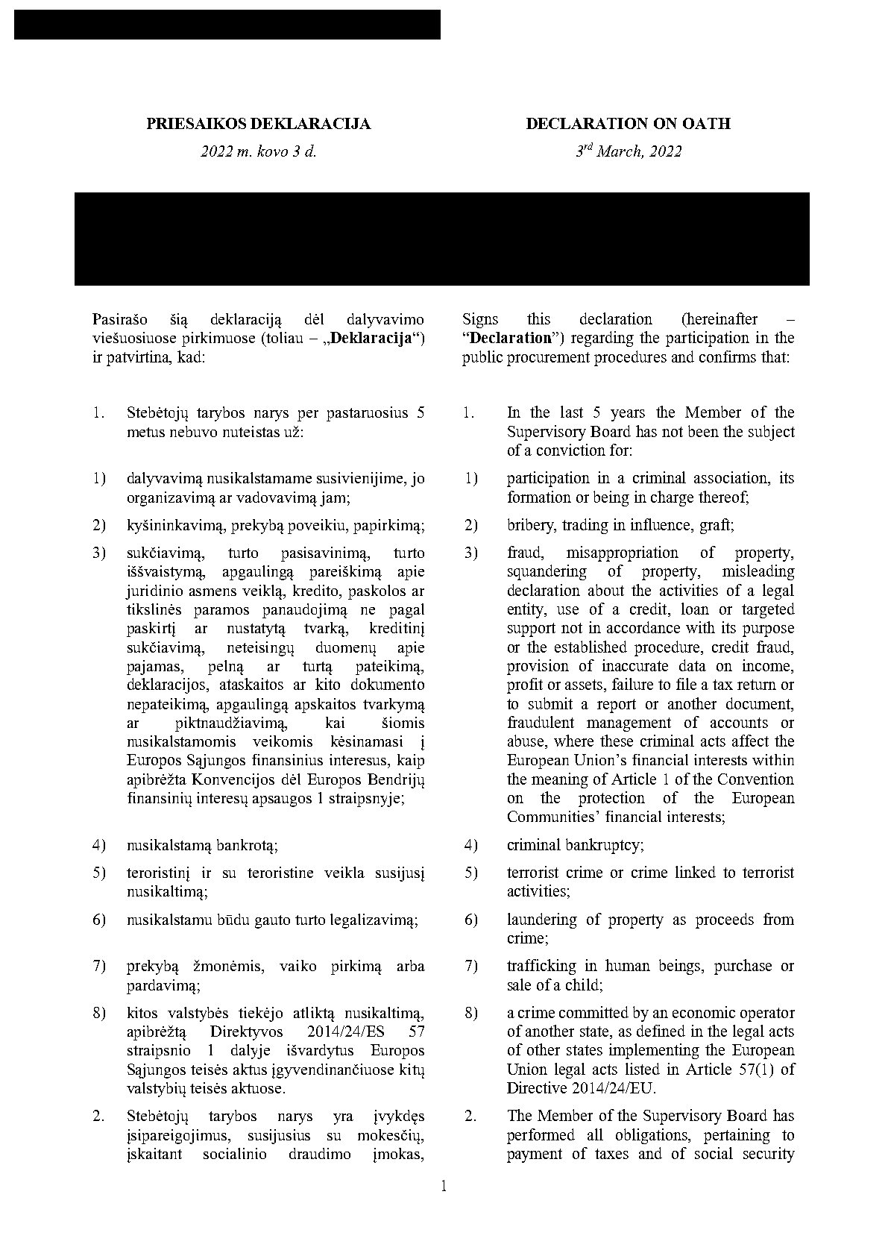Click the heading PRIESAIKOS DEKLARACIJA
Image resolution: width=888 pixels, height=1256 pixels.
258,124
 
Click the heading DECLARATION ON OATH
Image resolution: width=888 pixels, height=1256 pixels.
628,124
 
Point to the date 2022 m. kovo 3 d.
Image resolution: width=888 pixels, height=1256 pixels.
258,151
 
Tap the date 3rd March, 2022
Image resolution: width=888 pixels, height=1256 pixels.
628,151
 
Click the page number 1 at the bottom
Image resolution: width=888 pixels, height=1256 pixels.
444,1186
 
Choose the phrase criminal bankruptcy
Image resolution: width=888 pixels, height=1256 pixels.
575,845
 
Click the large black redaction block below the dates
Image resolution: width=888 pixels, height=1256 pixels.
441,239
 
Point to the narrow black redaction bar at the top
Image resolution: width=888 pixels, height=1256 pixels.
227,25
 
